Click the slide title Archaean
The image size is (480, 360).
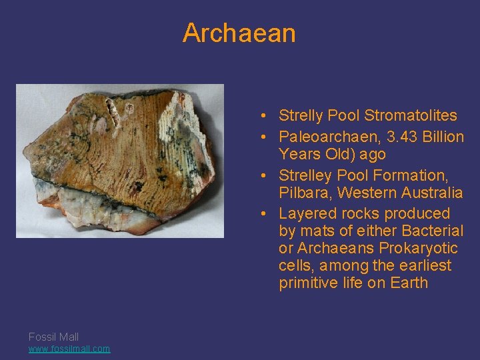(x=239, y=33)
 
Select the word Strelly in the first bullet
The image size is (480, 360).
(x=300, y=115)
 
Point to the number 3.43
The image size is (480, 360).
(x=399, y=137)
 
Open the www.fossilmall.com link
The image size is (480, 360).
(x=69, y=349)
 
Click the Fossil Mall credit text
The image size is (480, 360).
(x=53, y=337)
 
